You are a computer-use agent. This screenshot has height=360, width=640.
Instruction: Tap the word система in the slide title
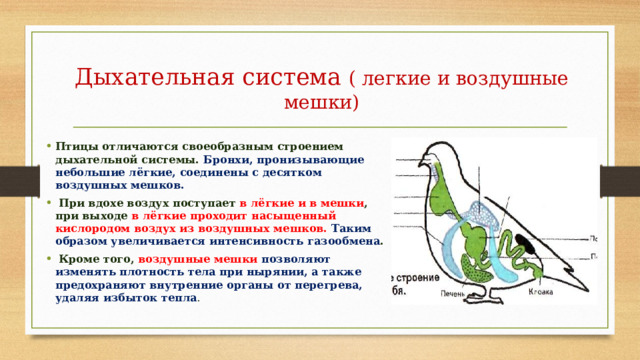coord(290,77)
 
